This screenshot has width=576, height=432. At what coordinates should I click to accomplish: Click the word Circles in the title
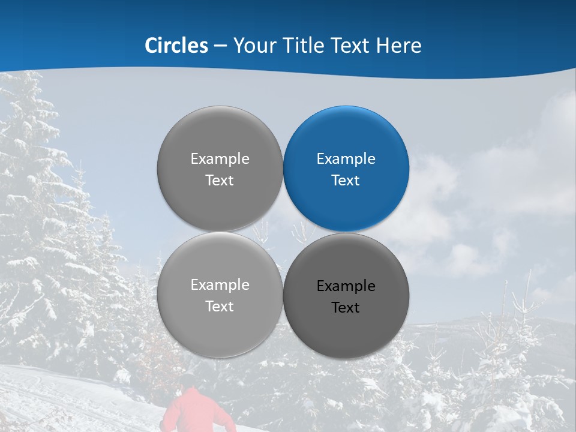click(176, 46)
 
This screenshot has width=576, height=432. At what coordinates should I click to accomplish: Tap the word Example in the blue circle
click(346, 159)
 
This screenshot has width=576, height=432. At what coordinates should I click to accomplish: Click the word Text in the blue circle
click(346, 180)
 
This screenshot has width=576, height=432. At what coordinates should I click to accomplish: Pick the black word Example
click(346, 286)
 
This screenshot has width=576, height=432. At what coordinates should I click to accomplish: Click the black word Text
click(346, 307)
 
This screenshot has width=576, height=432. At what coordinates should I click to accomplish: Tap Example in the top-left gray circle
click(220, 159)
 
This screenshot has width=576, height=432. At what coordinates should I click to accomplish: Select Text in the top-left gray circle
click(220, 180)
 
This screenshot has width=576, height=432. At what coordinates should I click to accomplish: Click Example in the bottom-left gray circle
click(220, 285)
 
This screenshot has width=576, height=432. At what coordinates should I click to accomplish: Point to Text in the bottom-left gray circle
click(220, 306)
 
